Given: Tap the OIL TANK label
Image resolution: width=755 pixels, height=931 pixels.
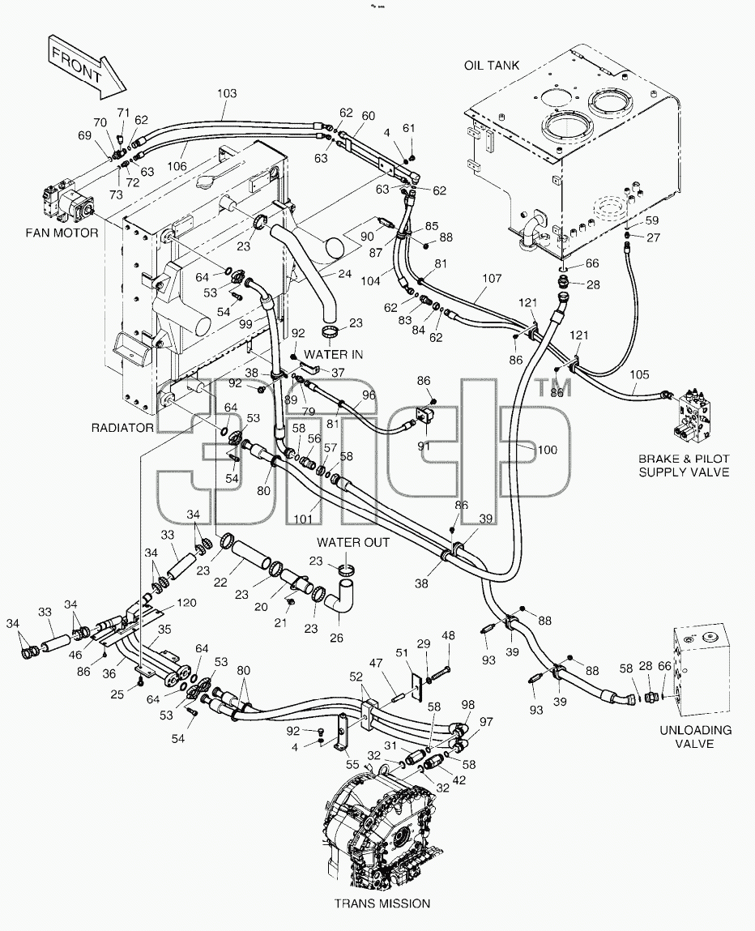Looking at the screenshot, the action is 492,66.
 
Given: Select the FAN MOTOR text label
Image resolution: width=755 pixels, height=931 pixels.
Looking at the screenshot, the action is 62,233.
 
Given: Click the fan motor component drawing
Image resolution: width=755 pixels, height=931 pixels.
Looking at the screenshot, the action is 69,203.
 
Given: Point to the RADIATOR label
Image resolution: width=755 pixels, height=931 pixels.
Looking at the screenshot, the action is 122,428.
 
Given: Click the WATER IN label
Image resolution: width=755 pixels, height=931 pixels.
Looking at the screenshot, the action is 334,354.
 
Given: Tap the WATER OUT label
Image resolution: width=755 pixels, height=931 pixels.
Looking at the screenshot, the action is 353,542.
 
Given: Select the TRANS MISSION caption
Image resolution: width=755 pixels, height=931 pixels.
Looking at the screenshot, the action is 382,903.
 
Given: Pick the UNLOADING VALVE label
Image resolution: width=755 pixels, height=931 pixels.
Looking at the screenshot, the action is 696,737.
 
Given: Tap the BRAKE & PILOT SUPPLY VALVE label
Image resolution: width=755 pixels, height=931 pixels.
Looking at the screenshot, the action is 684,465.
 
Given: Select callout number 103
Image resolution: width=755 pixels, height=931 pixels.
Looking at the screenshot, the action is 227,93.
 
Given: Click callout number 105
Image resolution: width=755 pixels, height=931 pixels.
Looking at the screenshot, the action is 639,374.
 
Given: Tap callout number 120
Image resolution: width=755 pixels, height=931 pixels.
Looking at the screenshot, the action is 186,603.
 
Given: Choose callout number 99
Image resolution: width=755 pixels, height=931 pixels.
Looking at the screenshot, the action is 245,323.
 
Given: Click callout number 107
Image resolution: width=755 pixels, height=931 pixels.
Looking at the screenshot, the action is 492,278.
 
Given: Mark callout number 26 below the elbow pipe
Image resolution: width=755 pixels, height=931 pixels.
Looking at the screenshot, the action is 336,638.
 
